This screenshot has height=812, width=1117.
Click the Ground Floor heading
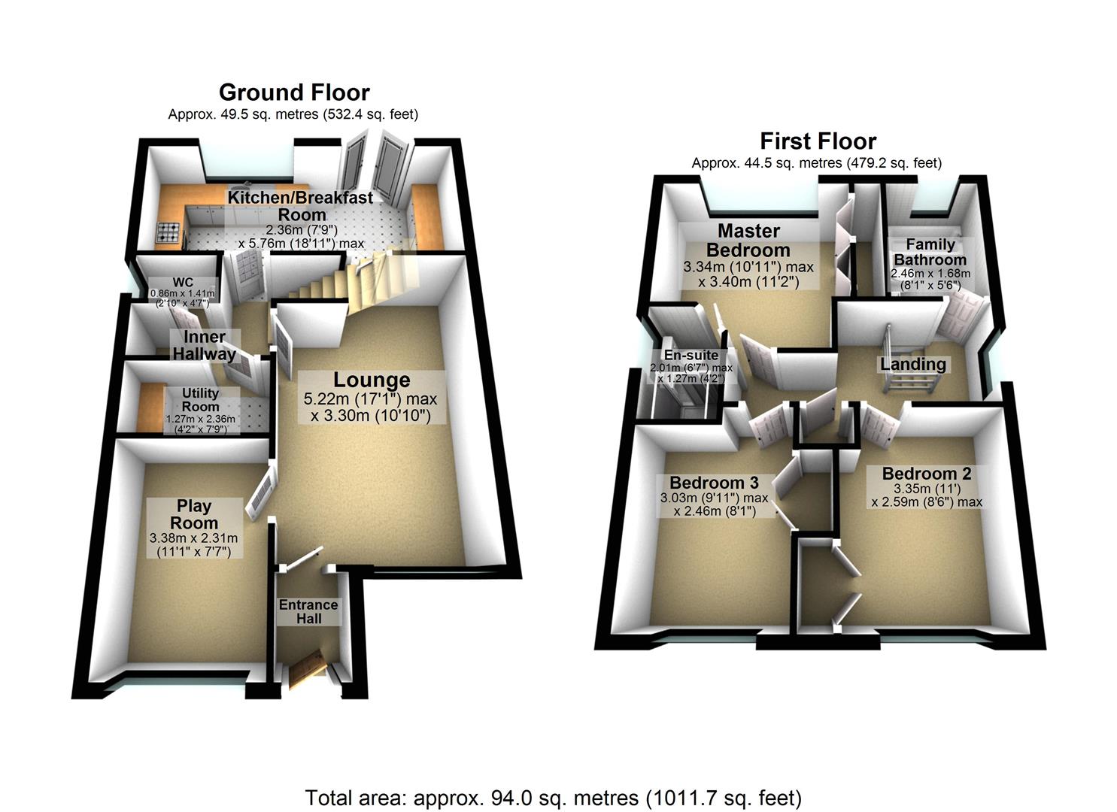pos(294,92)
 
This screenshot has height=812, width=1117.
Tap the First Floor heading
pos(818,141)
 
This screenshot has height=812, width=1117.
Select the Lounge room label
pos(372,380)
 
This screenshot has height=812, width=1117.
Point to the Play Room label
pos(194,514)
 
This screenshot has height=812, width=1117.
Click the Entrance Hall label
pos(308,611)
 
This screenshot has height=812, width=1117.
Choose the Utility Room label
pos(200,399)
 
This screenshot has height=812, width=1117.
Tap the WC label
pos(183,283)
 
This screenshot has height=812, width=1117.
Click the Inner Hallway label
pos(205,345)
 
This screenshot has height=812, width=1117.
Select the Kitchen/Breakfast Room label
pos(300,205)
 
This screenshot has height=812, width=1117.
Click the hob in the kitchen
pos(168,233)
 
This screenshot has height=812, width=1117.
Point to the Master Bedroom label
pos(748,241)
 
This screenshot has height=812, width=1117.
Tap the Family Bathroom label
pos(930,252)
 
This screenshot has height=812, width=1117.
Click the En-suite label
pos(691,356)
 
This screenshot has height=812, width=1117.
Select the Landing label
pos(913,365)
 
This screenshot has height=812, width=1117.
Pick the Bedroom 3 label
pos(714,483)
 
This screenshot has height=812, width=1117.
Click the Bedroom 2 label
pos(926,474)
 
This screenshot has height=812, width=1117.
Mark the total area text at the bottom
pos(553,797)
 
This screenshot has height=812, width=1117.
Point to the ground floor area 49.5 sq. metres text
pos(293,114)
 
